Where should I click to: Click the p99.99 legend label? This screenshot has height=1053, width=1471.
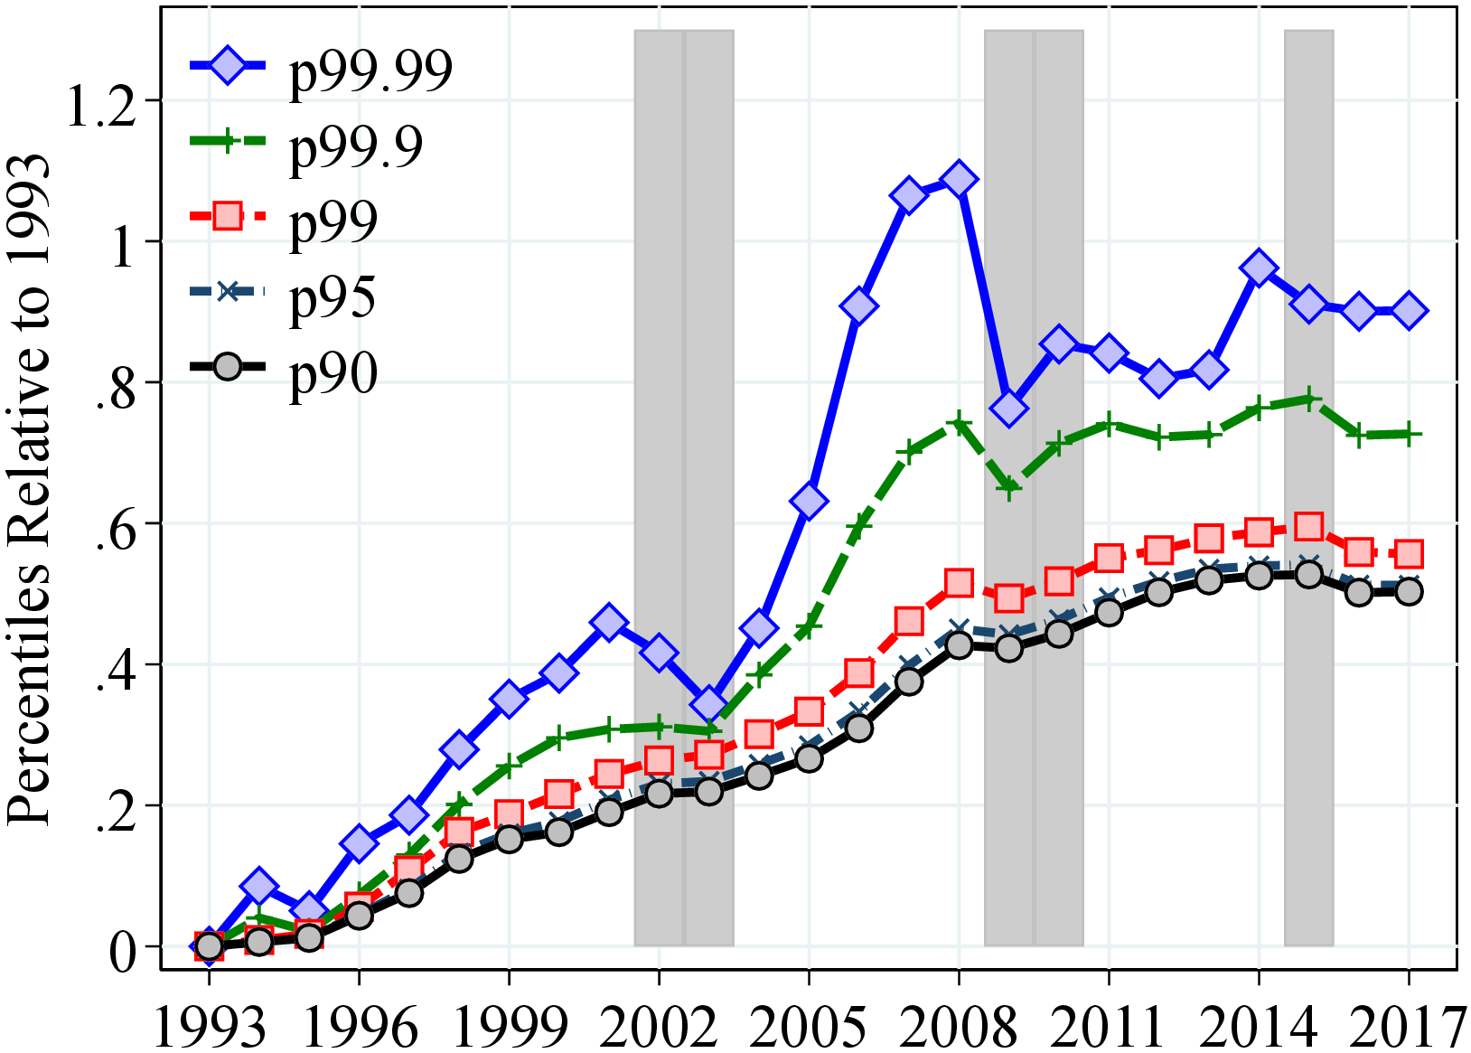[x=370, y=70]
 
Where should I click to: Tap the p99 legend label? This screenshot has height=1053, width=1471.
[x=333, y=221]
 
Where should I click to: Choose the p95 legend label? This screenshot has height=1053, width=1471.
[x=332, y=296]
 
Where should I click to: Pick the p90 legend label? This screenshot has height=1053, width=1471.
[x=333, y=372]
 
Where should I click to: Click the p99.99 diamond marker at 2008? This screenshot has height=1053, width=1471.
[x=959, y=179]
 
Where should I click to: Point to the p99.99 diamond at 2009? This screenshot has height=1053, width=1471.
[x=1009, y=409]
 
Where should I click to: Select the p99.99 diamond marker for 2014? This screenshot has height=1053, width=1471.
[x=1259, y=268]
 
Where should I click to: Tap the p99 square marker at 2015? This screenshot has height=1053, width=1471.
[x=1308, y=527]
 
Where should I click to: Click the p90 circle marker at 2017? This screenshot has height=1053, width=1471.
[x=1409, y=592]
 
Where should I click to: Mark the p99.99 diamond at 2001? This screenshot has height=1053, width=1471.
[x=609, y=623]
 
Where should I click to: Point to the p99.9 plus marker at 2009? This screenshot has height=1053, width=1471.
[x=1009, y=488]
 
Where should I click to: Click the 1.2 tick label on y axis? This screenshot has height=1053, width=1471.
[x=101, y=101]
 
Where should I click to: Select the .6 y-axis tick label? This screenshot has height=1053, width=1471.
[x=117, y=524]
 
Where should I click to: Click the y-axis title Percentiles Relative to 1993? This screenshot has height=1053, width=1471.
[x=29, y=488]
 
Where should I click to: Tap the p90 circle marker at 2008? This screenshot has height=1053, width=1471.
[x=959, y=645]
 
